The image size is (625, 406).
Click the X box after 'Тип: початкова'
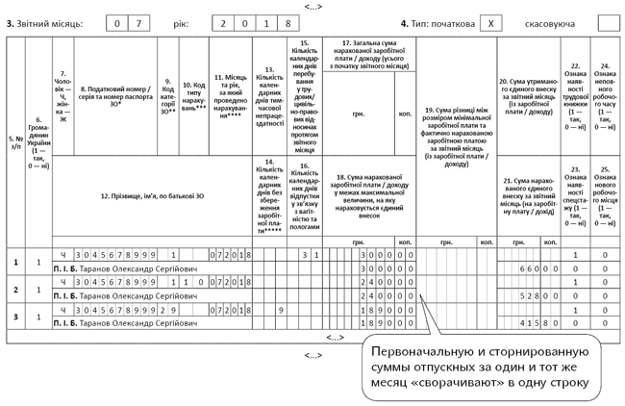point(490,21)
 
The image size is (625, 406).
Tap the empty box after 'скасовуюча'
point(608,21)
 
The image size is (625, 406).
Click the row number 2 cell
point(14,290)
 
